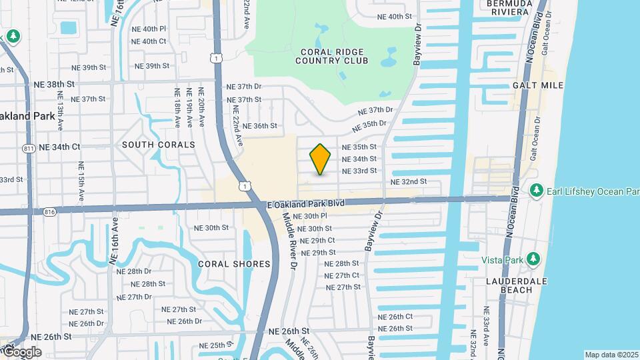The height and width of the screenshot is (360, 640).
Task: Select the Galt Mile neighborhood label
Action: pyautogui.click(x=538, y=85)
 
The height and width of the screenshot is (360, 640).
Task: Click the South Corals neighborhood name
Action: pyautogui.click(x=159, y=145)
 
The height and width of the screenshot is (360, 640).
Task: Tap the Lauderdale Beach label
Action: pyautogui.click(x=516, y=285)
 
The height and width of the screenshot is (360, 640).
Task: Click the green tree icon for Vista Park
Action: pyautogui.click(x=532, y=259)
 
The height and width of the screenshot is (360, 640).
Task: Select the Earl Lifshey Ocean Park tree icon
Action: pyautogui.click(x=536, y=191)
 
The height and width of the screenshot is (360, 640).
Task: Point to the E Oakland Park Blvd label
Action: pyautogui.click(x=306, y=204)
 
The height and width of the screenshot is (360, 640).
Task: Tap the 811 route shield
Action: pyautogui.click(x=28, y=147)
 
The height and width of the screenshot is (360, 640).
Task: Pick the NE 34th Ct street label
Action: pyautogui.click(x=59, y=147)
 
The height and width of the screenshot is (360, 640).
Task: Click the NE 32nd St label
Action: pyautogui.click(x=408, y=181)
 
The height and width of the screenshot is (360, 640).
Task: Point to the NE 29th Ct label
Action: pyautogui.click(x=317, y=240)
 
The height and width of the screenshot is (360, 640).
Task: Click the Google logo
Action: pyautogui.click(x=22, y=351)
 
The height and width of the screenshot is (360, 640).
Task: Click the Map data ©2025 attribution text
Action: pyautogui.click(x=611, y=355)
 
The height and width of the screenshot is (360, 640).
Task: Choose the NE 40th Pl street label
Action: pyautogui.click(x=149, y=29)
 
